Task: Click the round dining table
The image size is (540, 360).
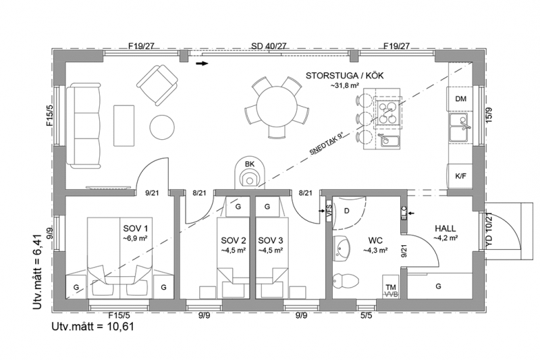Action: (x=277, y=107)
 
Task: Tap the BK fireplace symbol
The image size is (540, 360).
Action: (x=250, y=174)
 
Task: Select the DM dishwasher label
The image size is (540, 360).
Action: (x=460, y=99)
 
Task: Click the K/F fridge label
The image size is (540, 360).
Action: (x=460, y=176)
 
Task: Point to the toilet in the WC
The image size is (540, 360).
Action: (x=346, y=280)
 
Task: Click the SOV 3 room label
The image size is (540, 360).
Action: (x=271, y=240)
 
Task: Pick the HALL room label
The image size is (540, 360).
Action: (x=446, y=228)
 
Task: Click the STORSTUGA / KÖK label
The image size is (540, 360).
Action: (x=344, y=76)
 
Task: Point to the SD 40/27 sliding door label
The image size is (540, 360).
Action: (x=269, y=46)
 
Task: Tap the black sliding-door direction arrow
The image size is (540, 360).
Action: (x=202, y=63)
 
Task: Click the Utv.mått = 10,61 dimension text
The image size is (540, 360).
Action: (x=93, y=326)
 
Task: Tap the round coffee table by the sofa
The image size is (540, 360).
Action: (x=162, y=127)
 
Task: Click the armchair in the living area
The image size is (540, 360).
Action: (x=158, y=84)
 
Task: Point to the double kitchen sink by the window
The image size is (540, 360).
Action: (x=460, y=128)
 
